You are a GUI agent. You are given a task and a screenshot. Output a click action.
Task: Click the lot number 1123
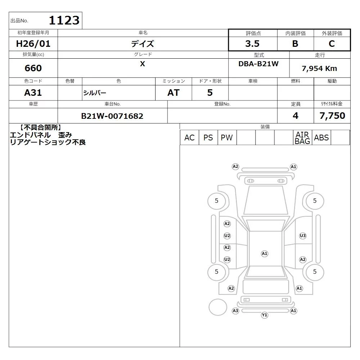point(64,20)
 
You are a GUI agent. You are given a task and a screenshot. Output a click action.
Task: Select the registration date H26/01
point(33,44)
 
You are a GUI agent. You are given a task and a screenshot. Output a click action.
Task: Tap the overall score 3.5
point(252,44)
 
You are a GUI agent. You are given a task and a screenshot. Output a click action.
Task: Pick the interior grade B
point(295,44)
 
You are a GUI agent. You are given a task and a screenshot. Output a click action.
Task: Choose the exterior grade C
point(332,44)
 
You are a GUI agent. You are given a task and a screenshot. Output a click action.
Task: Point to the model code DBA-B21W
point(258,64)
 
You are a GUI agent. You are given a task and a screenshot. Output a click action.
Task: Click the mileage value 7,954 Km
point(319,68)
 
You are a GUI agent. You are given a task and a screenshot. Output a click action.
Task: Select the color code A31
point(33,93)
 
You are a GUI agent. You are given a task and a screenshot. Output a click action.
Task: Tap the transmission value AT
point(174,93)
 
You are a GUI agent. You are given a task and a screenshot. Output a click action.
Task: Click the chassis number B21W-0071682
point(112,116)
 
